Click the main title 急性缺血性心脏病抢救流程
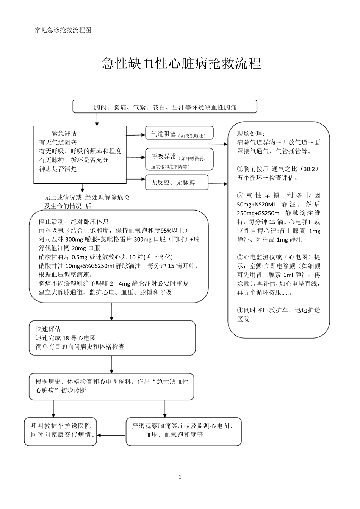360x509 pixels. [182, 64]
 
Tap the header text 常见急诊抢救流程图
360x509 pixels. [63, 30]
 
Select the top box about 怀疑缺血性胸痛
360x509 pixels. [165, 107]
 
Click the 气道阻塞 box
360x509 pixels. [179, 134]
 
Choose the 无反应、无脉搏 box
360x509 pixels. [177, 183]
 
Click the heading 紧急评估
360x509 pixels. [64, 133]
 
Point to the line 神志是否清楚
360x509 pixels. [58, 169]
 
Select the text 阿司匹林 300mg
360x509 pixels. [57, 239]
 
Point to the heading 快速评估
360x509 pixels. [48, 329]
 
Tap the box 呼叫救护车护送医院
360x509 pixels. [61, 431]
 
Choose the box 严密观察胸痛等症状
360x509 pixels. [183, 431]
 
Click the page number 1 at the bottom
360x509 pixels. [180, 477]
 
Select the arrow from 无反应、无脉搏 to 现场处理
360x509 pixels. [218, 184]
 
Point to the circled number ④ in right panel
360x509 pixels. [240, 310]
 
